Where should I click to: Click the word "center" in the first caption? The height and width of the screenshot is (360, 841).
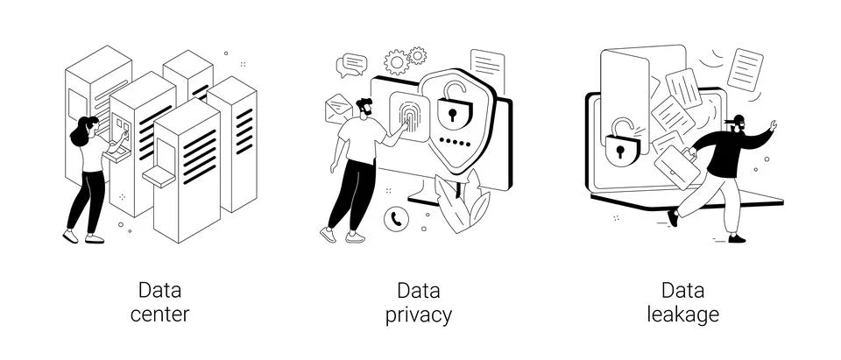pos(159,314)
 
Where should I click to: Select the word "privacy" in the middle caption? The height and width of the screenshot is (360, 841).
pos(419,314)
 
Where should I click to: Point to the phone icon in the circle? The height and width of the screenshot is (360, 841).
pos(396,219)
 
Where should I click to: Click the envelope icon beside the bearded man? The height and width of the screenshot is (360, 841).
pos(338,109)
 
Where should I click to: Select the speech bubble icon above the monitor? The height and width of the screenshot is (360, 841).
pos(353,64)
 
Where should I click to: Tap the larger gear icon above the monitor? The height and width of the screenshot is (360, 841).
pos(397,62)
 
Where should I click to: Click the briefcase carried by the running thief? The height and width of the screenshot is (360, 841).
pos(677,166)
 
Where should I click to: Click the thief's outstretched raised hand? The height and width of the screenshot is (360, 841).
pos(773,126)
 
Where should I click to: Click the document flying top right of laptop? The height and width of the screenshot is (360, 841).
pos(746,67)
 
